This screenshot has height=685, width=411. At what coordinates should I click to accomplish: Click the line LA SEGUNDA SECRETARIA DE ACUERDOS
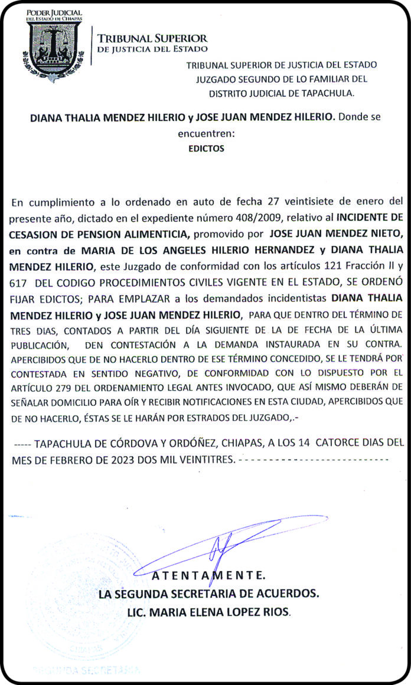[209, 594]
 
